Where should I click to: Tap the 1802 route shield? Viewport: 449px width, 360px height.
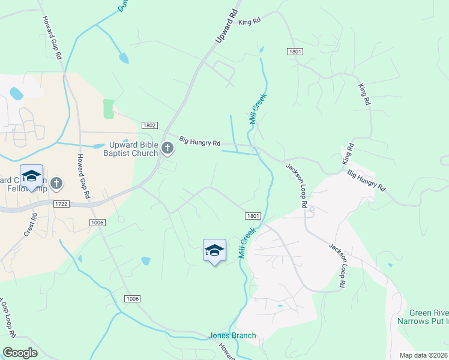click(x=150, y=125)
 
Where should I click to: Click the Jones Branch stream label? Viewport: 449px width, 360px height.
click(x=232, y=335)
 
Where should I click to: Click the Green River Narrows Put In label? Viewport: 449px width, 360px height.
click(x=429, y=317)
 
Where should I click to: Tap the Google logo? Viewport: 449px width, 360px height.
click(x=20, y=353)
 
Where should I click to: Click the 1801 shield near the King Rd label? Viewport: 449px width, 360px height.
click(x=294, y=53)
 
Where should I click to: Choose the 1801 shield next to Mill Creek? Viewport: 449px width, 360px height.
click(x=253, y=215)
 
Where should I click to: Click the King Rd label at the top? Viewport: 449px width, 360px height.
click(x=249, y=22)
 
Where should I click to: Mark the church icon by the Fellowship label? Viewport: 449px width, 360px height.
click(x=56, y=182)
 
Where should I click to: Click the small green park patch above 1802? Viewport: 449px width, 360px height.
click(x=109, y=109)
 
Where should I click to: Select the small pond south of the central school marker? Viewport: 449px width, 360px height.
click(x=145, y=260)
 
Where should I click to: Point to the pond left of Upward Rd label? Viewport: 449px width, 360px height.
click(x=124, y=58)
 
